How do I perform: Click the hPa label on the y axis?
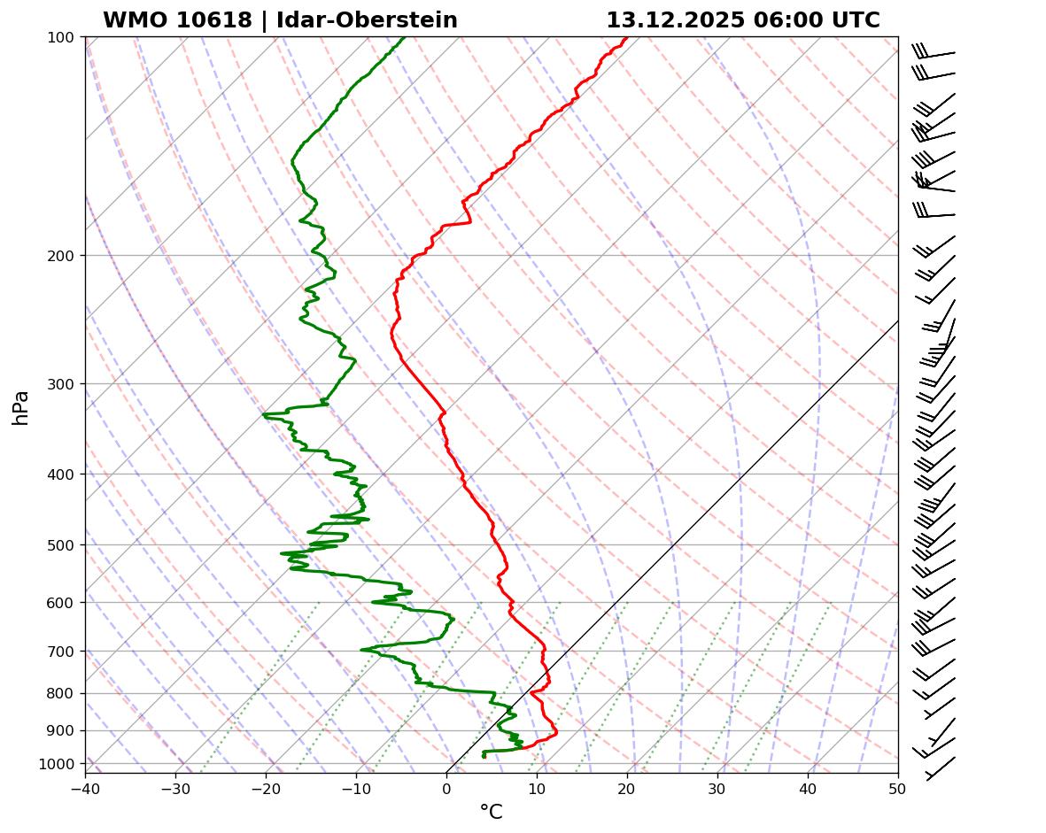(21, 407)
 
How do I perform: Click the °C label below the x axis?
(491, 812)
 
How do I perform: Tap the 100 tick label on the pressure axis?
(62, 37)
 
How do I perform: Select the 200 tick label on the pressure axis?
(62, 256)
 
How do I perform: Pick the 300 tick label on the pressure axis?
(62, 384)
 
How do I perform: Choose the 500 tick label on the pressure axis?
(62, 545)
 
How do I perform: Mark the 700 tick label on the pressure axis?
(62, 652)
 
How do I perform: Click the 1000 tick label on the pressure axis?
(58, 764)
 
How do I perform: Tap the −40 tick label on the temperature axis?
(85, 787)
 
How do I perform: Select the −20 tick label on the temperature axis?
(266, 787)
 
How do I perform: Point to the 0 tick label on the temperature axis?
(446, 787)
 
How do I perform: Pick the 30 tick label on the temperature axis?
(717, 787)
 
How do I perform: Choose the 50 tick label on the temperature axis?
(898, 787)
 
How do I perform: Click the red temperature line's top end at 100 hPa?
(627, 38)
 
